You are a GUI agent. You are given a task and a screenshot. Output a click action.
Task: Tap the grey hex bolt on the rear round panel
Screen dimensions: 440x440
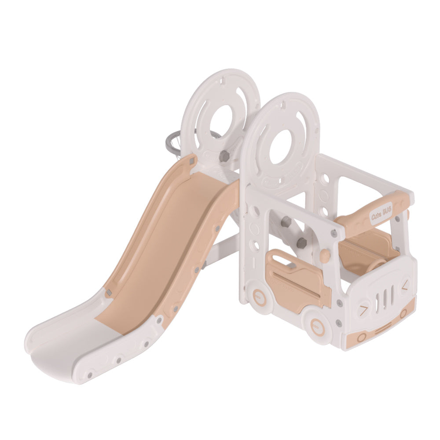224,156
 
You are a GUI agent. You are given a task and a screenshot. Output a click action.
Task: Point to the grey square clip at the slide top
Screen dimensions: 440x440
193,161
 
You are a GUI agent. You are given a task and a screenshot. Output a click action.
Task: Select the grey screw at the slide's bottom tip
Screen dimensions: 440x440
90,375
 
